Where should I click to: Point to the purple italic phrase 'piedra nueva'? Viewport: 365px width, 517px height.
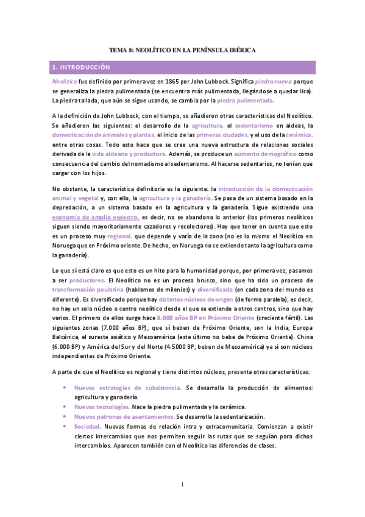[x=272, y=81]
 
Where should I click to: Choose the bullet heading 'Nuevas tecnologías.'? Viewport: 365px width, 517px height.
[x=102, y=407]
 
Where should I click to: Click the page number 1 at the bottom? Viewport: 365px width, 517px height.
[x=183, y=485]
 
